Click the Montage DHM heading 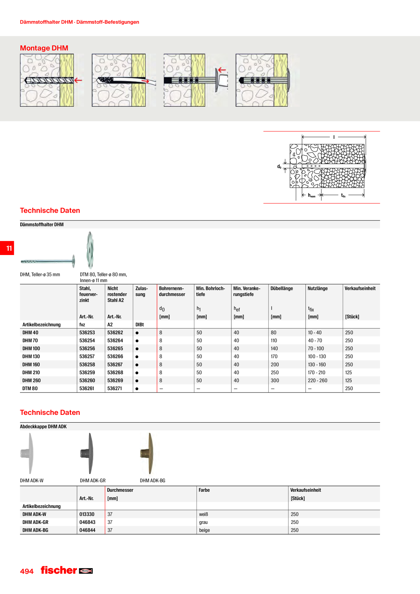(44, 48)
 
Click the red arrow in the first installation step (78, 80)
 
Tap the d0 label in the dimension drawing (279, 166)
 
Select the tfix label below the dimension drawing (343, 195)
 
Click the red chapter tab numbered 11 (7, 248)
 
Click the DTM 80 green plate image (90, 250)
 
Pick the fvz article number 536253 (87, 333)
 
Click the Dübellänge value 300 (275, 380)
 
